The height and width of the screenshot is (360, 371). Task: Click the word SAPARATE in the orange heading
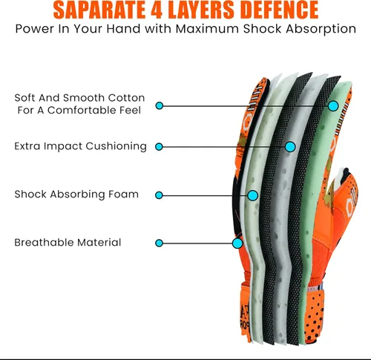tap(99, 10)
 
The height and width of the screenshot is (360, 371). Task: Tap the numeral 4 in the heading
tap(157, 10)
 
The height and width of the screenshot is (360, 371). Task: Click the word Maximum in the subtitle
tap(207, 29)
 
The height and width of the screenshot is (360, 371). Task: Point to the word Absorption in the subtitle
tap(321, 29)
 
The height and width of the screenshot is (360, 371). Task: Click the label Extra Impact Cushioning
tap(80, 146)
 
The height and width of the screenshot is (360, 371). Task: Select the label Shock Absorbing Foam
tap(76, 194)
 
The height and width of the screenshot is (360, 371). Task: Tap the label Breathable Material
tap(68, 243)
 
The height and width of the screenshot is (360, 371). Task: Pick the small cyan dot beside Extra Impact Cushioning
tap(159, 147)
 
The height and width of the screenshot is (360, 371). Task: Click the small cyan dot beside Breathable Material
tap(159, 243)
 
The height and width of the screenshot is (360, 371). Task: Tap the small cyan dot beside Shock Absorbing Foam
tap(159, 195)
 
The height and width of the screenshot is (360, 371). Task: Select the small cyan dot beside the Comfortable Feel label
tap(160, 105)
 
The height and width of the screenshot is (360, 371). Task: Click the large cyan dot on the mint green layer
tap(333, 106)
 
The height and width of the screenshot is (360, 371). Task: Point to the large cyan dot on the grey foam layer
tap(290, 147)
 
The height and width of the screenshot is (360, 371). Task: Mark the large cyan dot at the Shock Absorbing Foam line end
tap(253, 195)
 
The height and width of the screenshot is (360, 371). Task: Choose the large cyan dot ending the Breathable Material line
tap(237, 243)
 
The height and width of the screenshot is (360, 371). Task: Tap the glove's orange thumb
tap(344, 198)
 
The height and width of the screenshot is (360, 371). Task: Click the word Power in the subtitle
tap(35, 29)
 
